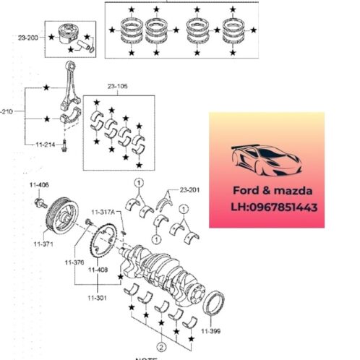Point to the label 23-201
click(x=189, y=189)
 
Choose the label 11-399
click(x=211, y=330)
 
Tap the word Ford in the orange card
click(x=246, y=192)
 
